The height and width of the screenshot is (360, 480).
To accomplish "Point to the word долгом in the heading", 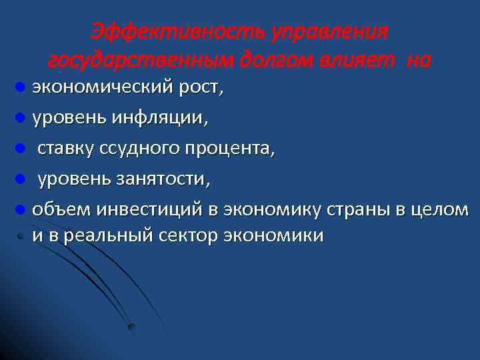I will click(x=277, y=61).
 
